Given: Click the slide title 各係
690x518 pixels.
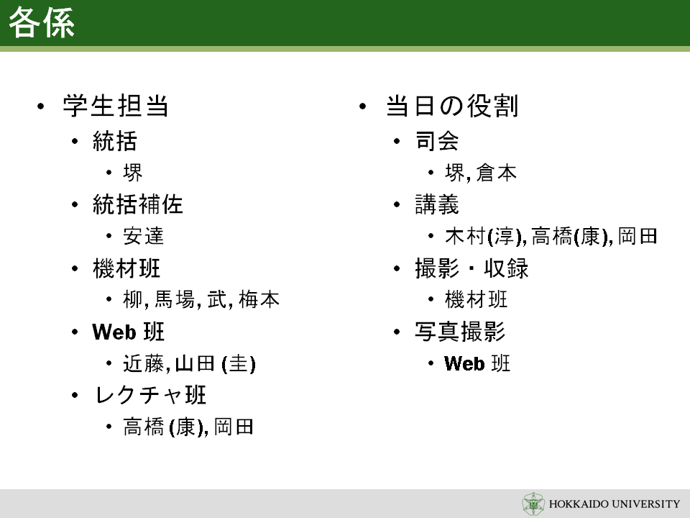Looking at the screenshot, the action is click(42, 22).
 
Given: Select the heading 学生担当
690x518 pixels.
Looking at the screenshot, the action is click(116, 106).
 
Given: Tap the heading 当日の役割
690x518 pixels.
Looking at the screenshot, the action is click(452, 106).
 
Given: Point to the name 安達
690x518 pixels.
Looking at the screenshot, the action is click(144, 236).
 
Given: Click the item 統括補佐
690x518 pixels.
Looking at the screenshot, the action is click(138, 204).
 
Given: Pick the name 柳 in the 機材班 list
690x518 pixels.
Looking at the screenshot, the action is click(133, 300).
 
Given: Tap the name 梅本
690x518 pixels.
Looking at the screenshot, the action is click(259, 300).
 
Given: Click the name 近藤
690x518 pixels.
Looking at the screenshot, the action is click(144, 364).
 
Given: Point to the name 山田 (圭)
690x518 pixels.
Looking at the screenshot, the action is click(215, 364).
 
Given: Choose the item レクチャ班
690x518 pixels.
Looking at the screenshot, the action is click(150, 395).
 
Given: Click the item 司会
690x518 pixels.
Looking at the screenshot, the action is click(437, 141).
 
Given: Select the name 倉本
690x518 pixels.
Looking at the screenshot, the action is click(496, 173).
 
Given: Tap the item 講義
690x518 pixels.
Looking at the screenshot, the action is click(437, 204).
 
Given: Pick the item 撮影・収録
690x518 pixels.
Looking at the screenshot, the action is click(471, 268).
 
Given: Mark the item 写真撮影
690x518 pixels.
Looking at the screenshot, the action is click(460, 332).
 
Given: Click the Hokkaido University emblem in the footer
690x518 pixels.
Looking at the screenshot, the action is click(533, 504).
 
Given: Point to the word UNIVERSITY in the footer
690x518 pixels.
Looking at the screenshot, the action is click(646, 504).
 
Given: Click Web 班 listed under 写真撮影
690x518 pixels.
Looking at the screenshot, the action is click(477, 364).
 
